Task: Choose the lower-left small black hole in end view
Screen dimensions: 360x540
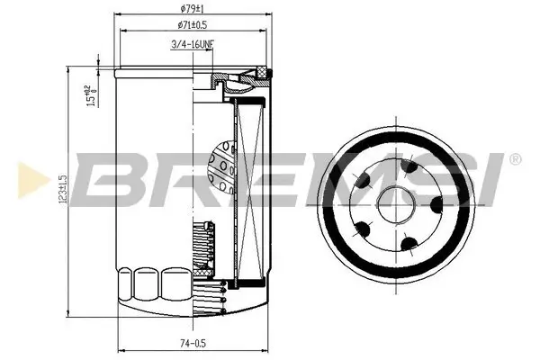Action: coord(365,226)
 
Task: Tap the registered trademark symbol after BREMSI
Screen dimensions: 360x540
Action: coord(514,158)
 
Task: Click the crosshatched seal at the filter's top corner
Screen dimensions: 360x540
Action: coord(262,71)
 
